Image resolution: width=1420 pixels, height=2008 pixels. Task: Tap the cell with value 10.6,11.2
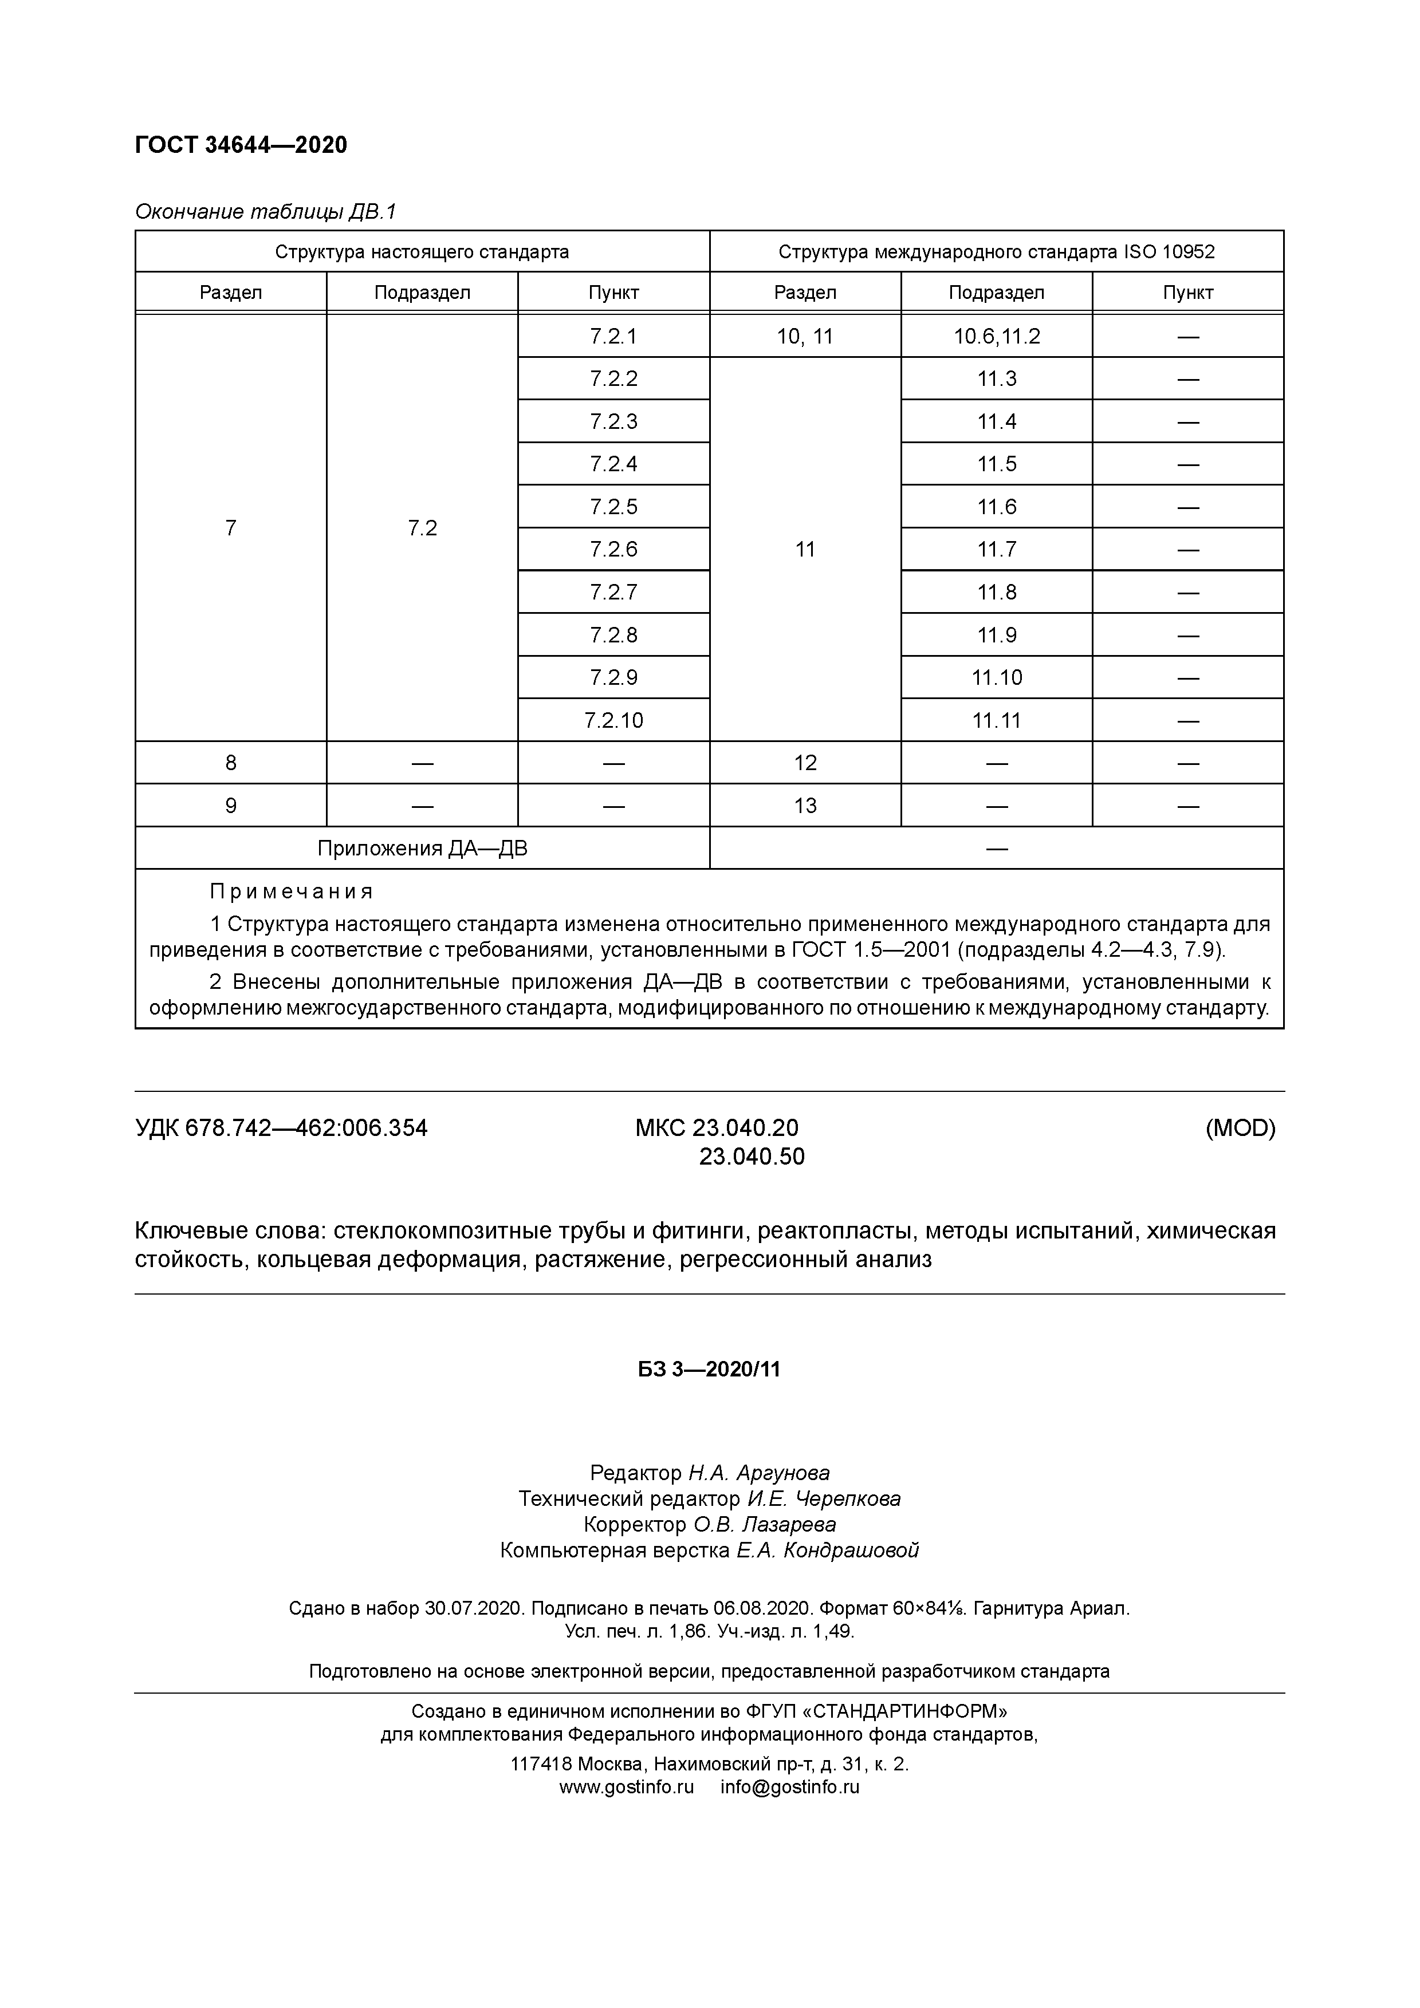point(997,337)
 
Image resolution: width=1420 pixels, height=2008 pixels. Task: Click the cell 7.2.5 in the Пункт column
point(613,506)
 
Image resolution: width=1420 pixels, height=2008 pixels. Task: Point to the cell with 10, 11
point(805,337)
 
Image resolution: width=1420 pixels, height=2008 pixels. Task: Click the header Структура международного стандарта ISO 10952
point(997,252)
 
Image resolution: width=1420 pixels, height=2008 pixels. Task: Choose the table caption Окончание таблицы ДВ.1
point(266,212)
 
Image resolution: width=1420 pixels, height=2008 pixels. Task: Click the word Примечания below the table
point(292,891)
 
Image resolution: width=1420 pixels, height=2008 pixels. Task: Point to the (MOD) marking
point(1240,1128)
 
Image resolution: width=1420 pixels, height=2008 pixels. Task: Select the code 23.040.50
point(752,1157)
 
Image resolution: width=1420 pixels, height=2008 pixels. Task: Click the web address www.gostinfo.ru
point(627,1787)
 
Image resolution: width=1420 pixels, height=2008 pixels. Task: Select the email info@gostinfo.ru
point(790,1787)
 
